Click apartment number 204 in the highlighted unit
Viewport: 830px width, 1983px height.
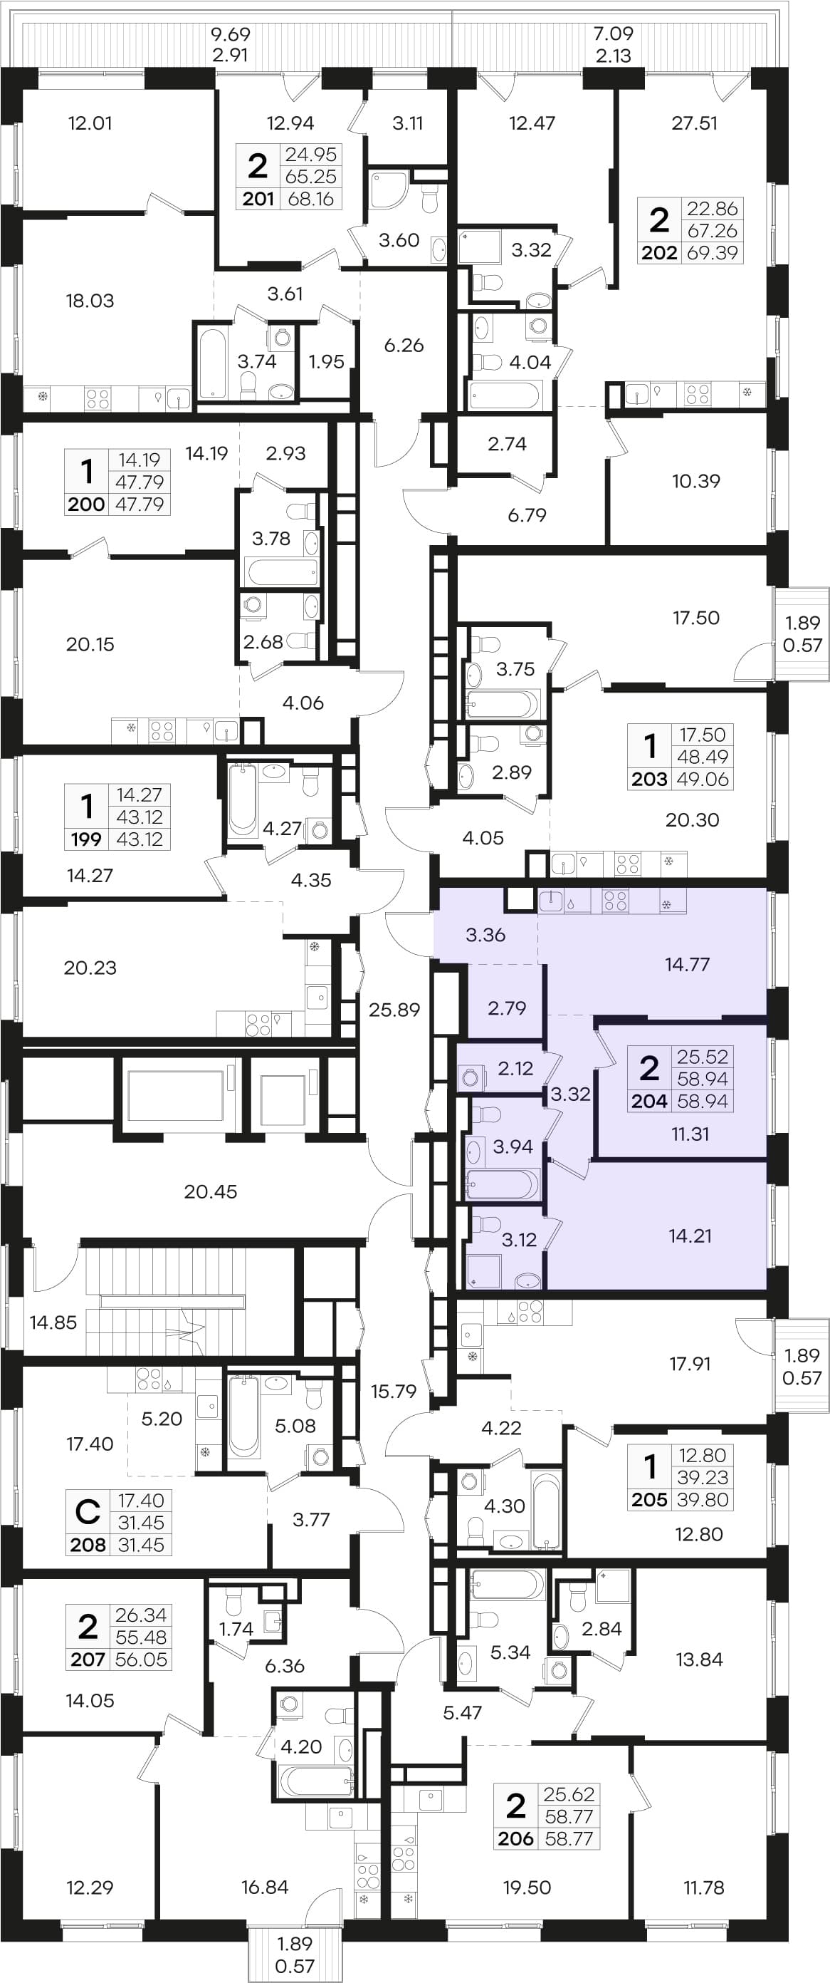click(x=649, y=1102)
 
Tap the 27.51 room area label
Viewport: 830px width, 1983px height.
click(x=695, y=123)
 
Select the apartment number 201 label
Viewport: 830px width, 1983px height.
click(x=258, y=199)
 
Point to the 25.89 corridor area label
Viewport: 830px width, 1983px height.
click(x=394, y=1009)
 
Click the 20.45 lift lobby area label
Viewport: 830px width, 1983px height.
click(x=210, y=1191)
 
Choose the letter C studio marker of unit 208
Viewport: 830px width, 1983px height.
click(x=88, y=1512)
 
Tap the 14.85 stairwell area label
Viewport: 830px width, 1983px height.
click(x=53, y=1322)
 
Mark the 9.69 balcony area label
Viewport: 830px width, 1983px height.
click(x=231, y=34)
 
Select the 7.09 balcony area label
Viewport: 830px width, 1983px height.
click(x=613, y=34)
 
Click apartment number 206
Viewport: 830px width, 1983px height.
click(x=515, y=1839)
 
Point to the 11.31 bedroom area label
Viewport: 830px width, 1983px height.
click(x=690, y=1134)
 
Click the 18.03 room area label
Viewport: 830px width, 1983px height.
click(x=90, y=301)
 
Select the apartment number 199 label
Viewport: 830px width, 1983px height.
click(x=86, y=839)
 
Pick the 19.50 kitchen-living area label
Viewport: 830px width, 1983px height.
click(x=527, y=1888)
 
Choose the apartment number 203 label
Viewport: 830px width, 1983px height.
click(x=649, y=779)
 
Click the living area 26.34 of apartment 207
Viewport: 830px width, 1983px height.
click(x=141, y=1615)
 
